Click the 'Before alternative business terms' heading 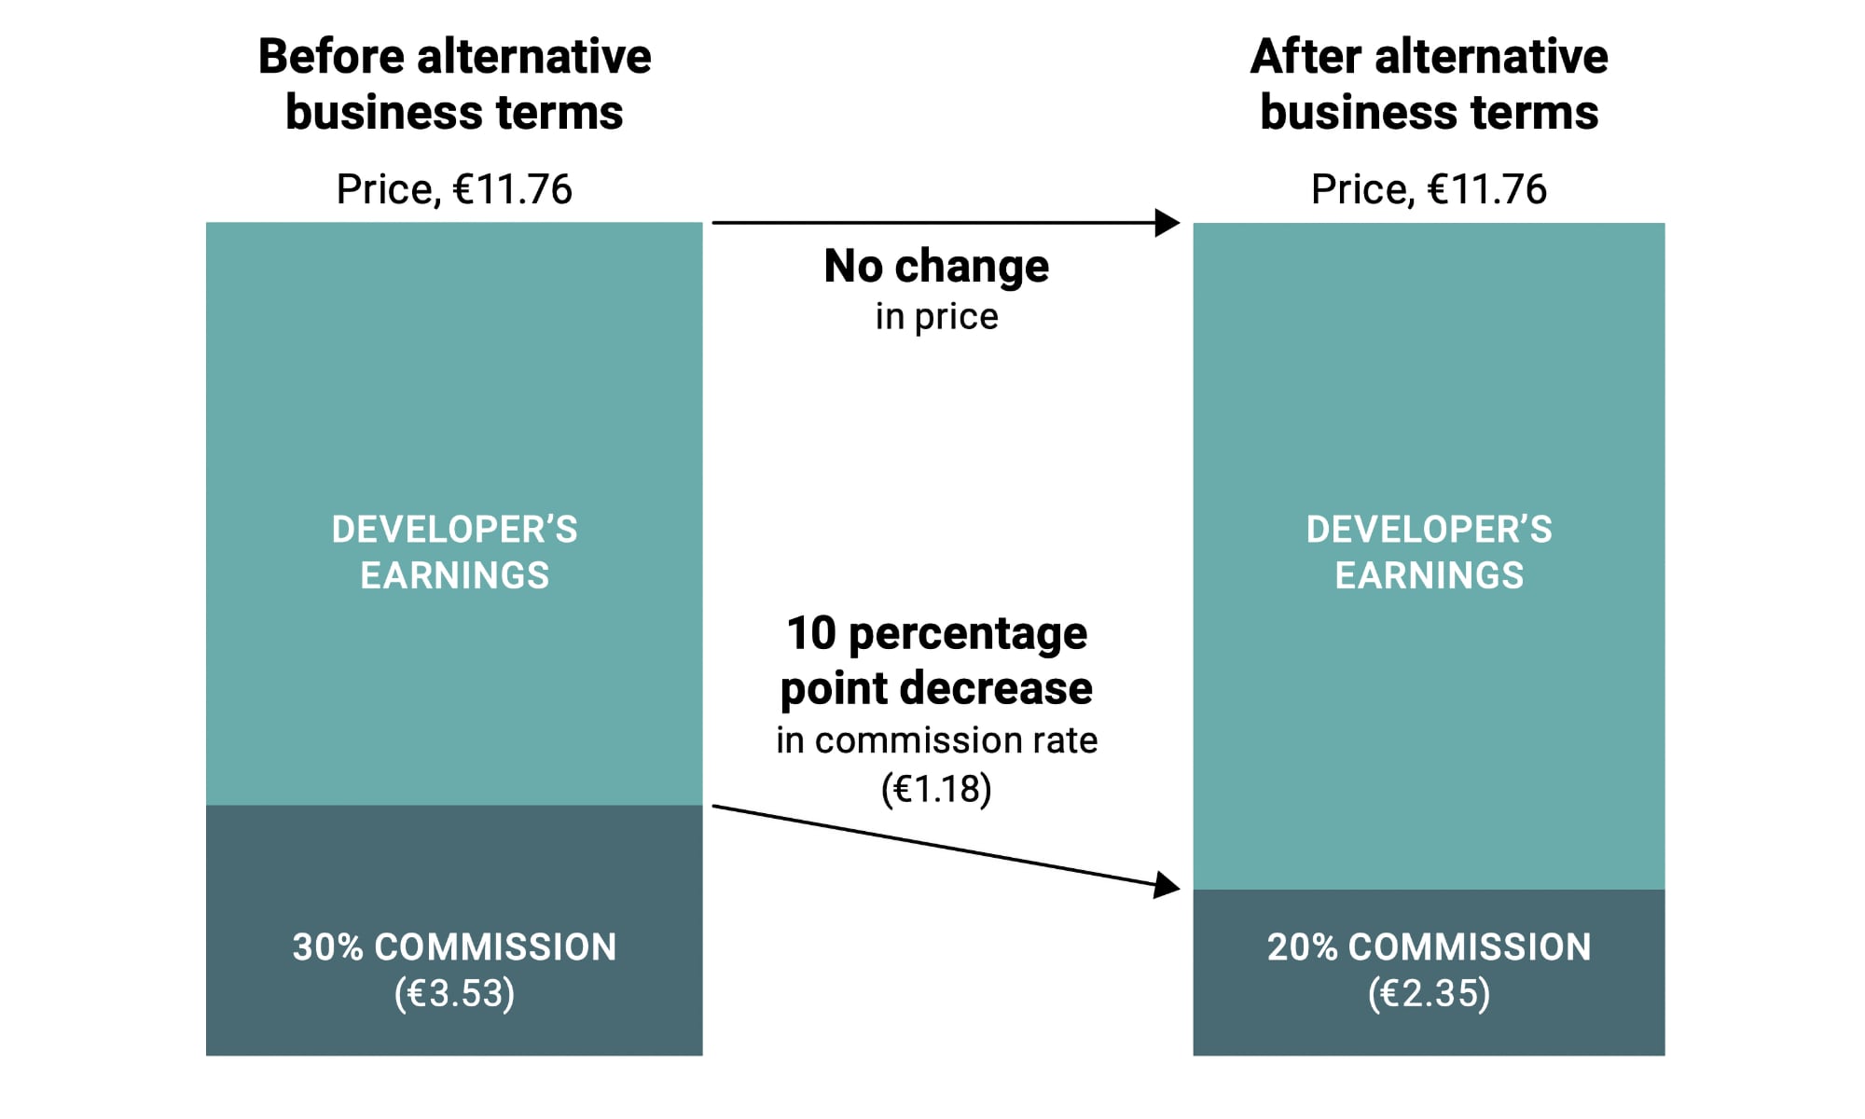(454, 84)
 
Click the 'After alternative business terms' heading (1429, 84)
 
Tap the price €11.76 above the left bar (454, 189)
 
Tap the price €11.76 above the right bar (1429, 189)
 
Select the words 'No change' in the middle (936, 267)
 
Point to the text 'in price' (936, 317)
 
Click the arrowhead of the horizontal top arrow (1167, 223)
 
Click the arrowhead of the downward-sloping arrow (1167, 884)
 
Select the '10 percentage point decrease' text (936, 660)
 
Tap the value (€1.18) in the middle (936, 789)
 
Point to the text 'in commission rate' (936, 740)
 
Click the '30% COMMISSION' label (454, 947)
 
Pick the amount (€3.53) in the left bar (454, 993)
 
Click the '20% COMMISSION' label (1429, 947)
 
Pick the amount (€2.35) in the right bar (1429, 993)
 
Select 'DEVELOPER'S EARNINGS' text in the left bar (454, 552)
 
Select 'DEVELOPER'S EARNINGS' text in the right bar (1429, 552)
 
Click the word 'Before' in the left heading (330, 57)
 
